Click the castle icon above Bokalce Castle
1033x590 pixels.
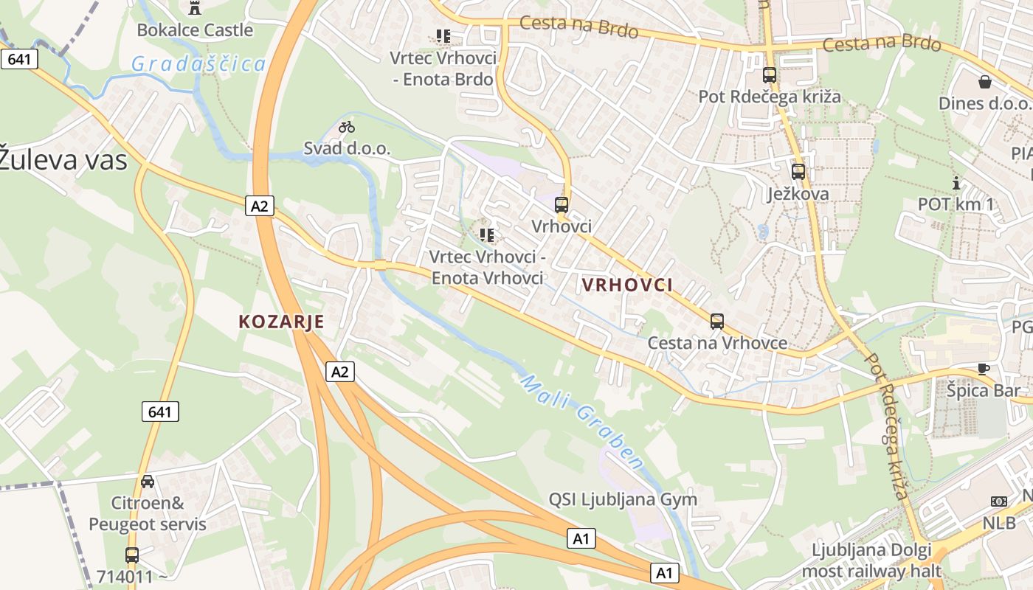tap(195, 8)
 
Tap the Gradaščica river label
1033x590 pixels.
tap(198, 64)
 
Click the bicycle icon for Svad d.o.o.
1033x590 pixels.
tap(347, 127)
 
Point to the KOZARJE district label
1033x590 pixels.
tap(281, 322)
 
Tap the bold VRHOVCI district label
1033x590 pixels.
tap(627, 285)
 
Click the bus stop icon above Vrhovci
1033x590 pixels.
tap(562, 205)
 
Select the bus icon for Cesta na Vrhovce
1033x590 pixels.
tap(717, 322)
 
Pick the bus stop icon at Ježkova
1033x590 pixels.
tap(798, 172)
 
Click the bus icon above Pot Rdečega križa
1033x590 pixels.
tap(770, 75)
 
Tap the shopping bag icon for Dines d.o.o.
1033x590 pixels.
tap(984, 81)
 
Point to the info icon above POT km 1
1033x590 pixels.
tap(956, 183)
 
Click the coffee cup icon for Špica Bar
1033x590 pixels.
tap(983, 369)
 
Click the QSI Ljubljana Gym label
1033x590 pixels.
tap(623, 499)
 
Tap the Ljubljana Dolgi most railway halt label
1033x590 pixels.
tap(871, 560)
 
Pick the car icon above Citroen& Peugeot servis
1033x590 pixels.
tap(148, 482)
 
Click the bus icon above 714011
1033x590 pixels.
tap(132, 555)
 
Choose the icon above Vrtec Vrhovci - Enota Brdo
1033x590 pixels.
tap(443, 35)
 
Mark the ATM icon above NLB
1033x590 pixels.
tap(999, 502)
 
